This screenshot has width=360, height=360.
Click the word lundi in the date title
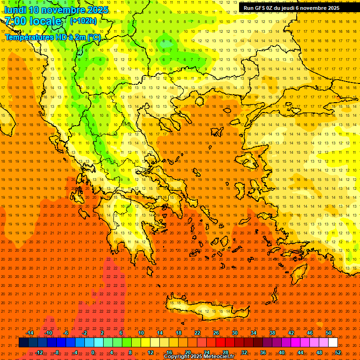pos(15,10)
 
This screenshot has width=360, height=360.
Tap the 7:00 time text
pos(15,21)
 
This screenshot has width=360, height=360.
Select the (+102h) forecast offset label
pos(83,21)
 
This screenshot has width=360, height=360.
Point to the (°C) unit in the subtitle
pos(94,37)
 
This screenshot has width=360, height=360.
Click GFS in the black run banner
pos(260,8)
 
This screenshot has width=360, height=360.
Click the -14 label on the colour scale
pos(30,333)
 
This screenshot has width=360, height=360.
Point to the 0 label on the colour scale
pos(93,352)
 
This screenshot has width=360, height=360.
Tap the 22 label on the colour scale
pos(197,333)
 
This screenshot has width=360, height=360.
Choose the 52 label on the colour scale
pos(338,352)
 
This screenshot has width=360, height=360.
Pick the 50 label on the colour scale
pos(329,333)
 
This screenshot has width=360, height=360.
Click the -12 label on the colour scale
pos(39,352)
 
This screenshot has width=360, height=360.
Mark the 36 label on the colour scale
pos(263,352)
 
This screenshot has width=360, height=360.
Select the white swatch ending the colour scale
pos(333,343)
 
